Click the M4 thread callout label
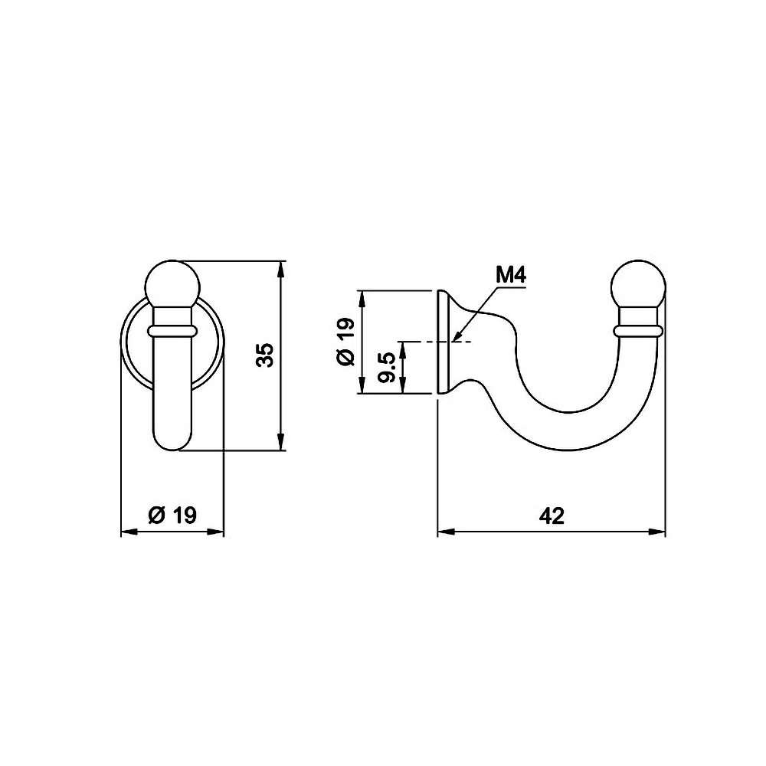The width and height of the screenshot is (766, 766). tap(511, 276)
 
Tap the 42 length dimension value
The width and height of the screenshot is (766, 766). tap(552, 516)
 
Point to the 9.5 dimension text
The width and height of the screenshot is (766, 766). tap(387, 367)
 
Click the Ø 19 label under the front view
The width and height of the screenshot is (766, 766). tap(172, 515)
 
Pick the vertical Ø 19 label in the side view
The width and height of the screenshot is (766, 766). tap(346, 342)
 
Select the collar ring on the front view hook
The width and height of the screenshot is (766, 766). tap(172, 331)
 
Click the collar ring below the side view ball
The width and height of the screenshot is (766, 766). tap(638, 331)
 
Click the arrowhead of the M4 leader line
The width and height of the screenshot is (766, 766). tap(457, 336)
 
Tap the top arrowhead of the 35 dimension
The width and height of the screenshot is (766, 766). tap(280, 269)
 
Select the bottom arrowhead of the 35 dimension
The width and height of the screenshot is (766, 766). tap(280, 442)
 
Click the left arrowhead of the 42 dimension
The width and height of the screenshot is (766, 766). tap(446, 532)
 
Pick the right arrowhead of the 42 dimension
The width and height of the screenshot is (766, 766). tap(657, 532)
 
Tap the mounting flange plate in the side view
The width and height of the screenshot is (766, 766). tap(443, 342)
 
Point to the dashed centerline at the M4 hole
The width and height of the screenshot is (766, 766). tap(435, 342)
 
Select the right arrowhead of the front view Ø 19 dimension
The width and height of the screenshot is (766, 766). tap(215, 532)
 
